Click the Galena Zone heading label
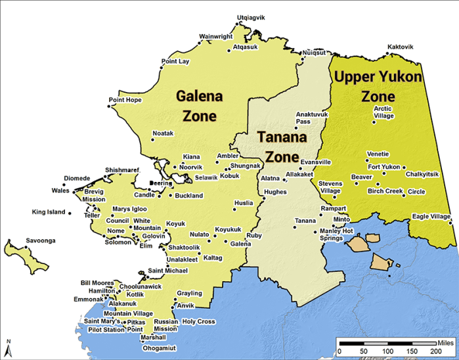[200, 106]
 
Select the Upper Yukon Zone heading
[378, 87]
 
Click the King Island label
[49, 212]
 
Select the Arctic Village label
[383, 112]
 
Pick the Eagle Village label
[431, 216]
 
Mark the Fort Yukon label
[383, 167]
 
